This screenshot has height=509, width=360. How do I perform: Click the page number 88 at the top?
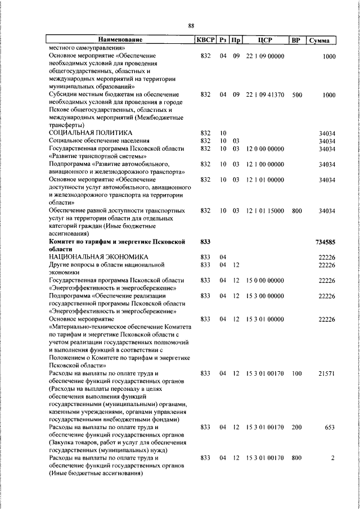pyautogui.click(x=191, y=26)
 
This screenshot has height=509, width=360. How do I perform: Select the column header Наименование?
pyautogui.click(x=120, y=40)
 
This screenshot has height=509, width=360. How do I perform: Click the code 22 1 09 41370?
pyautogui.click(x=265, y=95)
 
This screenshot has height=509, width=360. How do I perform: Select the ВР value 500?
pyautogui.click(x=297, y=95)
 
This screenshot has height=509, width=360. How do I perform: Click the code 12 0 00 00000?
pyautogui.click(x=265, y=148)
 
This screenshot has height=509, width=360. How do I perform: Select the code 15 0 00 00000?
pyautogui.click(x=265, y=280)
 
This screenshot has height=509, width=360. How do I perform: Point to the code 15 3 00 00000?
pyautogui.click(x=265, y=295)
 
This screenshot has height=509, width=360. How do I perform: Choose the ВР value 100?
pyautogui.click(x=297, y=373)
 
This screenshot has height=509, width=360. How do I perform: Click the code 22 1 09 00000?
pyautogui.click(x=265, y=56)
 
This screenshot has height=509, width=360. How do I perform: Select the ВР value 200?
pyautogui.click(x=297, y=427)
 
